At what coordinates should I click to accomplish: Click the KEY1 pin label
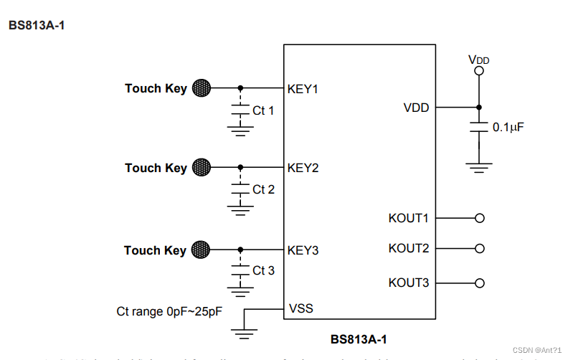[303, 89]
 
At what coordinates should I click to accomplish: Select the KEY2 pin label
[303, 168]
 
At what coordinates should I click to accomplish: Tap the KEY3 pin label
[303, 250]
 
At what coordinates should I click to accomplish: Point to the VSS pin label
[300, 309]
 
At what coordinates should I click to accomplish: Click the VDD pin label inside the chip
[416, 108]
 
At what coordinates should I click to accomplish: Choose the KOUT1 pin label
[408, 218]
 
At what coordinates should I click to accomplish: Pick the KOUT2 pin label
[408, 248]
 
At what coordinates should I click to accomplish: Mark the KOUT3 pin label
[408, 283]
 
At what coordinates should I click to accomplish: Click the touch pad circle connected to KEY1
[202, 88]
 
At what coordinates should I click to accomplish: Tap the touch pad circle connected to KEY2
[202, 167]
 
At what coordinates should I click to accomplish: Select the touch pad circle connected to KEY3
[202, 250]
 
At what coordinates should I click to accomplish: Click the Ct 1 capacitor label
[263, 110]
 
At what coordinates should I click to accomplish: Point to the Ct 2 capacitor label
[263, 189]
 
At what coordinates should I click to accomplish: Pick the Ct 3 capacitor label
[263, 270]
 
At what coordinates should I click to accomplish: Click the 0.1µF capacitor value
[508, 127]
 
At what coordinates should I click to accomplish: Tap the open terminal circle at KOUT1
[480, 218]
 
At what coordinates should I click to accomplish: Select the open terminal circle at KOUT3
[480, 283]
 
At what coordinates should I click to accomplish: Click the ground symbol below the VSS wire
[245, 333]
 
